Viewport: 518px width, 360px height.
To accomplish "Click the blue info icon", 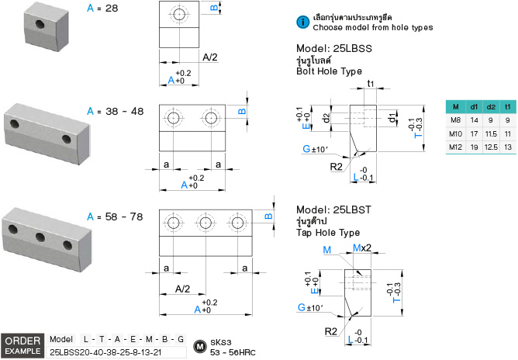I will (303, 22).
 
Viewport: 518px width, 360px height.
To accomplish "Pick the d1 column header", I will (475, 106).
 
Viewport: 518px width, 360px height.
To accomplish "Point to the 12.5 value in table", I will (491, 147).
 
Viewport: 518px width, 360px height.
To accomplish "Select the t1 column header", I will (507, 106).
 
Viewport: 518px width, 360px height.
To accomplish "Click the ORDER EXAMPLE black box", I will (22, 346).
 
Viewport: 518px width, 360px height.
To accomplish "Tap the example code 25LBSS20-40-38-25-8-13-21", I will (106, 351).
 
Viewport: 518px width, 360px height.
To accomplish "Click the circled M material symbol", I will (199, 345).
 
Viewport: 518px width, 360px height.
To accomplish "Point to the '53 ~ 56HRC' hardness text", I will (233, 351).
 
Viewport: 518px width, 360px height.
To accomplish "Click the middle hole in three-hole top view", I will (205, 223).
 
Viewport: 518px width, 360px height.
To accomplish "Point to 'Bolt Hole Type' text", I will (329, 71).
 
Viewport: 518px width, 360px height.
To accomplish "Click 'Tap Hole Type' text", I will (328, 233).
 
